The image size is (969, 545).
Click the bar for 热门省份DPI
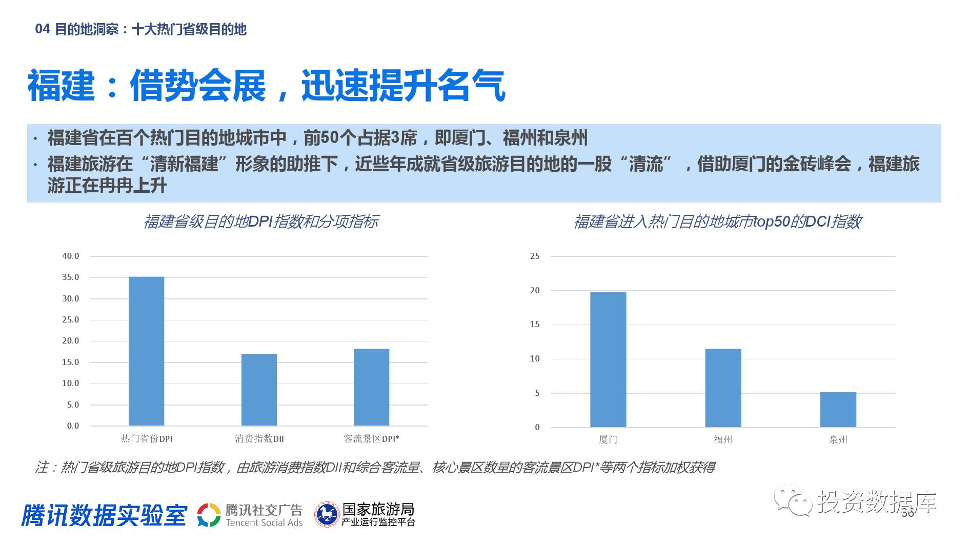pyautogui.click(x=146, y=351)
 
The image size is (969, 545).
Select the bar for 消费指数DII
pyautogui.click(x=259, y=390)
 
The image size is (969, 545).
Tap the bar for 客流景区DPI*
pyautogui.click(x=372, y=387)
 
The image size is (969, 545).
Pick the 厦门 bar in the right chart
pyautogui.click(x=608, y=359)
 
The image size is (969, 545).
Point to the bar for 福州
pyautogui.click(x=723, y=388)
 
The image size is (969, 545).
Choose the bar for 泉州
pyautogui.click(x=838, y=410)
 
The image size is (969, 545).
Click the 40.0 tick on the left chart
pyautogui.click(x=71, y=256)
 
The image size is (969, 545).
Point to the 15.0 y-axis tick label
pyautogui.click(x=71, y=362)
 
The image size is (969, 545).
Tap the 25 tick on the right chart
pyautogui.click(x=535, y=256)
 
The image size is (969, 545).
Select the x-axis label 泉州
pyautogui.click(x=838, y=439)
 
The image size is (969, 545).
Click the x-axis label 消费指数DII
pyautogui.click(x=259, y=439)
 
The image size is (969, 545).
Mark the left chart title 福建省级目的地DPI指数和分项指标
pyautogui.click(x=261, y=221)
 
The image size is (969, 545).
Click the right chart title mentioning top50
pyautogui.click(x=717, y=221)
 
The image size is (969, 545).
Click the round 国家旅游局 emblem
pyautogui.click(x=327, y=515)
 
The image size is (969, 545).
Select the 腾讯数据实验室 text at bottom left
pyautogui.click(x=105, y=515)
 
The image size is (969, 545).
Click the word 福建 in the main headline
pyautogui.click(x=62, y=86)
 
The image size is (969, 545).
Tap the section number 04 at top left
pyautogui.click(x=42, y=29)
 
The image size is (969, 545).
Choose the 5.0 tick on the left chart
pyautogui.click(x=71, y=405)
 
